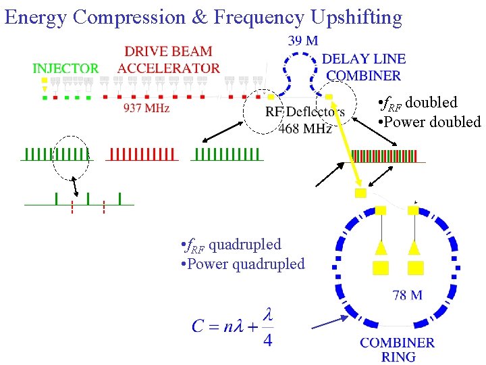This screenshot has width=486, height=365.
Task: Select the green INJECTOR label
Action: [x=65, y=68]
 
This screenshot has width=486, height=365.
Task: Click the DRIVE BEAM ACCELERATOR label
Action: [x=168, y=59]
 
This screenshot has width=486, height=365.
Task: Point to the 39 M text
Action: [x=302, y=41]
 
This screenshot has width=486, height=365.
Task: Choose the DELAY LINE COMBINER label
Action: [x=363, y=68]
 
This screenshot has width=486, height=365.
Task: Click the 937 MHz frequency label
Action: [x=146, y=107]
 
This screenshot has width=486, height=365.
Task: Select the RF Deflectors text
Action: [x=305, y=112]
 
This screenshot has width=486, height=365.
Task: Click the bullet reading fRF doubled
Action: [x=418, y=103]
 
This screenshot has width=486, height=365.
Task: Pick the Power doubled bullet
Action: [x=429, y=122]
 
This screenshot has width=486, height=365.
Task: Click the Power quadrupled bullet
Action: [x=243, y=264]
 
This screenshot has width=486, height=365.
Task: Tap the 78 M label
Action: [x=408, y=295]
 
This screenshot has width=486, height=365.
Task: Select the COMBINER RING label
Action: [x=398, y=349]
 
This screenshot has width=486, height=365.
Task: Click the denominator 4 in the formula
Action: [x=267, y=340]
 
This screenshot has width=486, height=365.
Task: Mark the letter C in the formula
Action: [x=198, y=326]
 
